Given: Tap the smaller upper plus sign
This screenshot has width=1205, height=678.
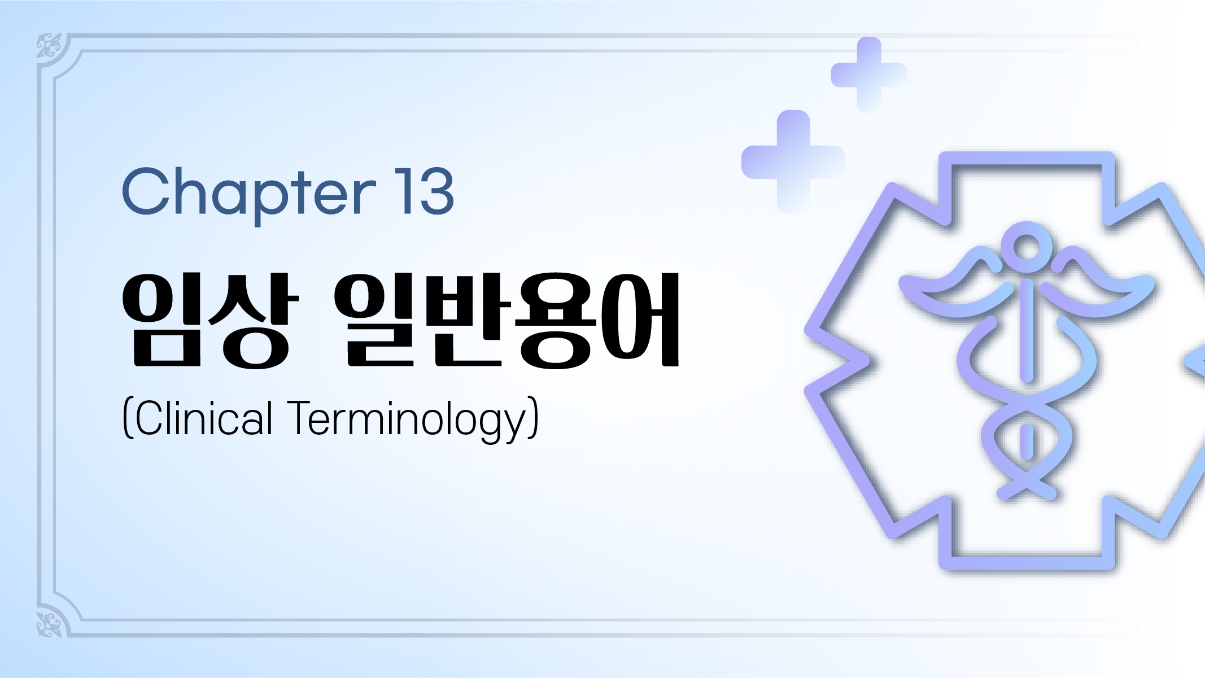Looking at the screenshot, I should (868, 75).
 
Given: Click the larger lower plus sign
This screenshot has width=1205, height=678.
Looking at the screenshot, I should (793, 162).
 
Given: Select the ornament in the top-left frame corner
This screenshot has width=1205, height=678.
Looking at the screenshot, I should (50, 46).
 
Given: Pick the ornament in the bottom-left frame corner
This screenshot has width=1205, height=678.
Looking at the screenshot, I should (50, 624).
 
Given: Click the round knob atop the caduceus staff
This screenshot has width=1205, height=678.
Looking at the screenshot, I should (1027, 247).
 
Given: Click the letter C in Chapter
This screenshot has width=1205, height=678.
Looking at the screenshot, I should (147, 192).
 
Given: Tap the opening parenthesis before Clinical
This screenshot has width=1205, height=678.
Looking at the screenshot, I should (128, 418).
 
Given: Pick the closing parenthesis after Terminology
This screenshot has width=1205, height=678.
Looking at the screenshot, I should (534, 418).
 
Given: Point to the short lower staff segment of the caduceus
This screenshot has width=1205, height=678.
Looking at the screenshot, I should (1027, 441).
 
